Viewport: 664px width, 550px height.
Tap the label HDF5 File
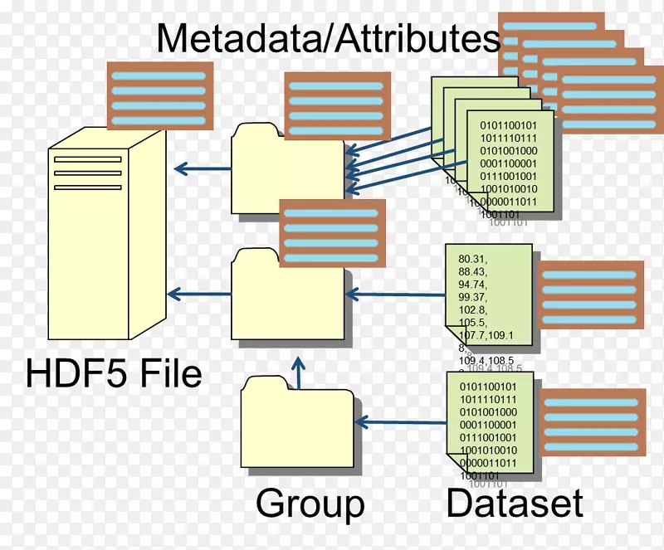click(x=114, y=372)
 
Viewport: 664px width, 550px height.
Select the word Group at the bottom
click(x=310, y=503)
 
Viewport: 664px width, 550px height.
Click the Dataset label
click(x=515, y=503)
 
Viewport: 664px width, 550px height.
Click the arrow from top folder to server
click(x=203, y=169)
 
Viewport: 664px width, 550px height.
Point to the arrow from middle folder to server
click(x=198, y=293)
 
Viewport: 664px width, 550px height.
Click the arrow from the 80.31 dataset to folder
click(x=395, y=294)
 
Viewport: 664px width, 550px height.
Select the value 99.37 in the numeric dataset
click(x=472, y=297)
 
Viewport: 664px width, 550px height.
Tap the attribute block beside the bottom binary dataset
click(x=592, y=422)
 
